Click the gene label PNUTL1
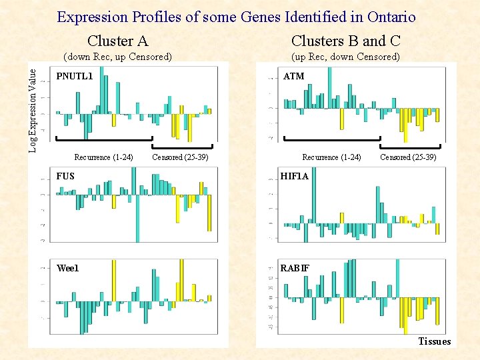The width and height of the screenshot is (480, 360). pyautogui.click(x=75, y=76)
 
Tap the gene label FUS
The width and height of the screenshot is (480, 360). pyautogui.click(x=65, y=176)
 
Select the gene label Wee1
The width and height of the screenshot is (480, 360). pyautogui.click(x=67, y=268)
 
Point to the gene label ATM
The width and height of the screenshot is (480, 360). pyautogui.click(x=293, y=76)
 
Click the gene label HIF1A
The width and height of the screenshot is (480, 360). pyautogui.click(x=295, y=176)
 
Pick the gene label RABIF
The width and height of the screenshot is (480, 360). pyautogui.click(x=295, y=268)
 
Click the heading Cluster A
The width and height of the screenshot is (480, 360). pyautogui.click(x=118, y=41)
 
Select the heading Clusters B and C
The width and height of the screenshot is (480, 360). pyautogui.click(x=345, y=41)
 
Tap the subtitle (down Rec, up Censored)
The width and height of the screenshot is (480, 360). pyautogui.click(x=117, y=57)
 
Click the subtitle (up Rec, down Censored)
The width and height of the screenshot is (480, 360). pyautogui.click(x=345, y=57)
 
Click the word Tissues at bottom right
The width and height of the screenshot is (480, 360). pyautogui.click(x=435, y=341)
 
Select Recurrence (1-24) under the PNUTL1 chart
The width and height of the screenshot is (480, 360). pyautogui.click(x=103, y=157)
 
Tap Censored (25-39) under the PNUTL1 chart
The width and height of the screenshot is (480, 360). pyautogui.click(x=181, y=157)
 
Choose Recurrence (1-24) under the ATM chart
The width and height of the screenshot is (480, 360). pyautogui.click(x=331, y=157)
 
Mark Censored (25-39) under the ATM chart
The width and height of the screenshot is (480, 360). pyautogui.click(x=408, y=157)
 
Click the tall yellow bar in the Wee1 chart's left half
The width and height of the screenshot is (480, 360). pyautogui.click(x=113, y=280)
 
